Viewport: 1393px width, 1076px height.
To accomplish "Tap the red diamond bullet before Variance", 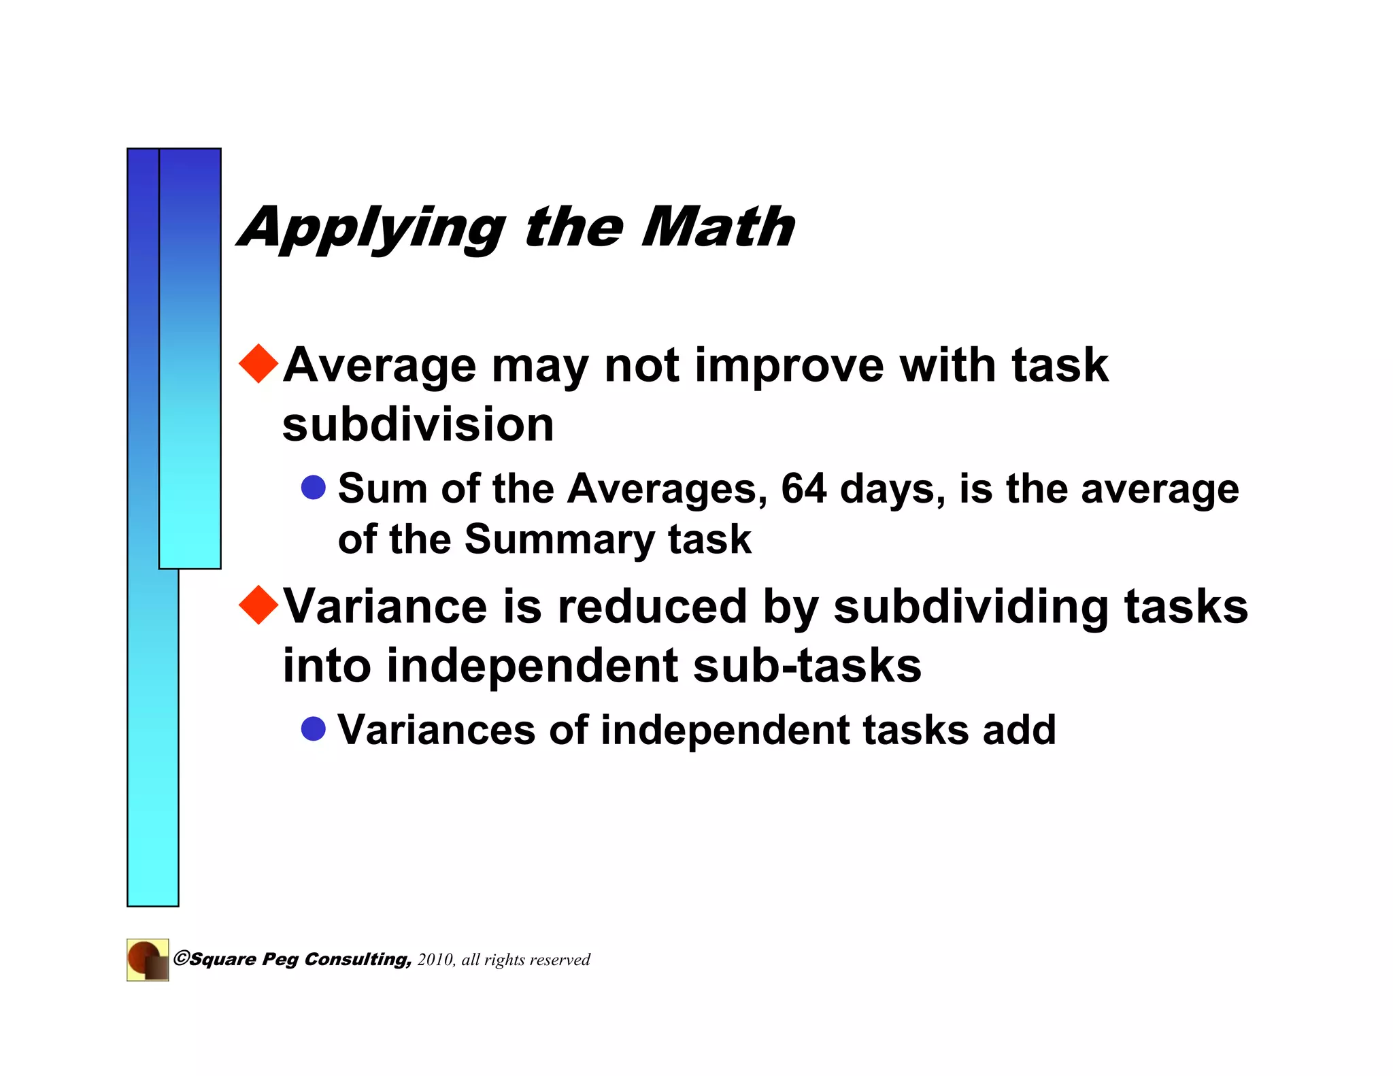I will [259, 604].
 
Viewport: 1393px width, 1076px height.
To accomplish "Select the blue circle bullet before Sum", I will [314, 487].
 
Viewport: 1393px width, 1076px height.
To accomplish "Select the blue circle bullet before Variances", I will [314, 728].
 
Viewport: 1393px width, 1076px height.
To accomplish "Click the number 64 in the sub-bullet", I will [803, 488].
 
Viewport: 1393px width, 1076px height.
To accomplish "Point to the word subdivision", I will [418, 424].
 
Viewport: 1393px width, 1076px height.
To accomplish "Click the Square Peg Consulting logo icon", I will [148, 960].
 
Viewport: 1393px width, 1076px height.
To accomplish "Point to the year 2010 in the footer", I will [435, 960].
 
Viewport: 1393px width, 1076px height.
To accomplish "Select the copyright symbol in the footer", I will [181, 958].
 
